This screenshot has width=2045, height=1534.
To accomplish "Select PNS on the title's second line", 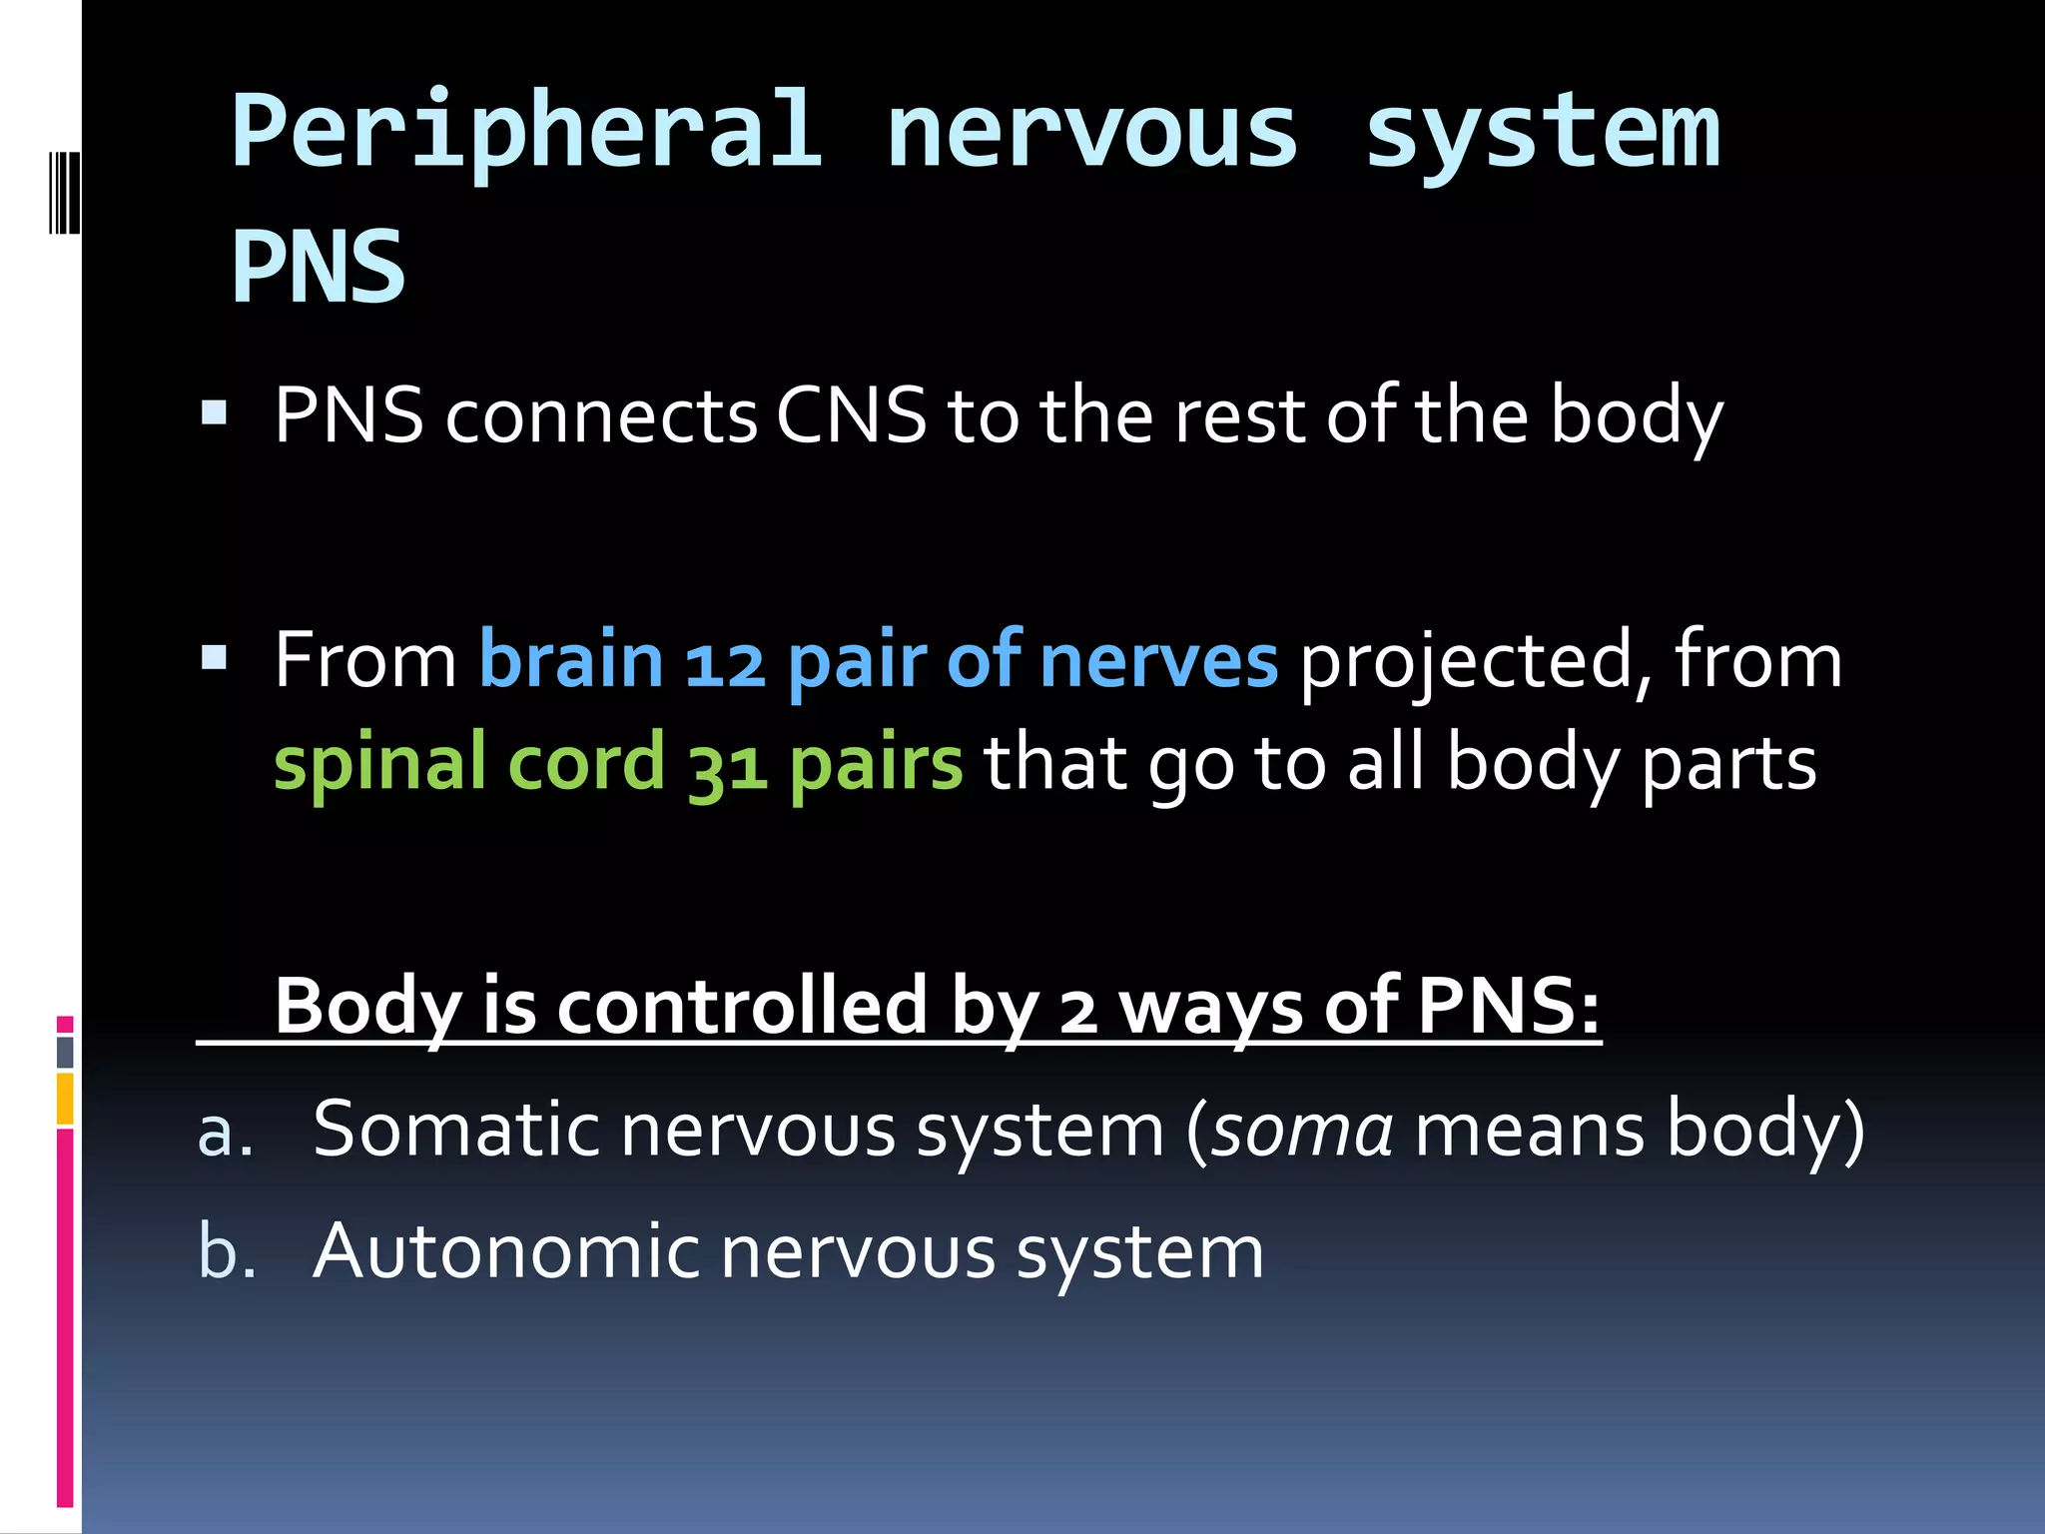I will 319,267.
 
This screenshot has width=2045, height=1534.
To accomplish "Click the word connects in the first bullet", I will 601,416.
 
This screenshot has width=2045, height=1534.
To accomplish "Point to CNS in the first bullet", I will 852,416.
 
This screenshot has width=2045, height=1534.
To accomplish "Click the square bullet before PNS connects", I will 214,412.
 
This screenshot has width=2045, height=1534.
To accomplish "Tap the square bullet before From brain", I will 214,657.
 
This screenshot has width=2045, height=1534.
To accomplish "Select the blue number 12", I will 725,664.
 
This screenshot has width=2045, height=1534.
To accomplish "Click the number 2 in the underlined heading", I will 1078,1011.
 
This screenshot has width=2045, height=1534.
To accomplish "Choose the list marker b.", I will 227,1253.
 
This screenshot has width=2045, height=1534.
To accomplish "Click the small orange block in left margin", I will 65,1099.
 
